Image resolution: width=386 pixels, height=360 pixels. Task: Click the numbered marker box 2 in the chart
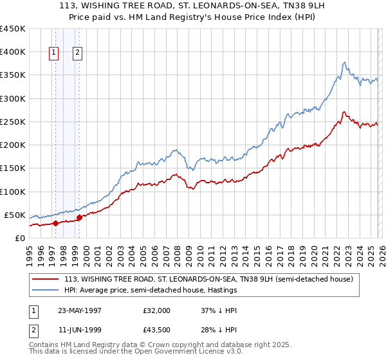coord(77,53)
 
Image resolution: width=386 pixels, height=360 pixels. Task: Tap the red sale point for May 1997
coord(56,223)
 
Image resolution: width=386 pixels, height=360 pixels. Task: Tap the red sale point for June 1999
coord(79,218)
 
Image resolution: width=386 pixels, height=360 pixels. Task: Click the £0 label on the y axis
coord(19,238)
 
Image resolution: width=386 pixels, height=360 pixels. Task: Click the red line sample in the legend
coord(46,280)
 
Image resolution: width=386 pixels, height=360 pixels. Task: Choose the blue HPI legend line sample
coord(46,291)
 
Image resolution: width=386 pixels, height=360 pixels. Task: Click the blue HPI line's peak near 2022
coord(345,62)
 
